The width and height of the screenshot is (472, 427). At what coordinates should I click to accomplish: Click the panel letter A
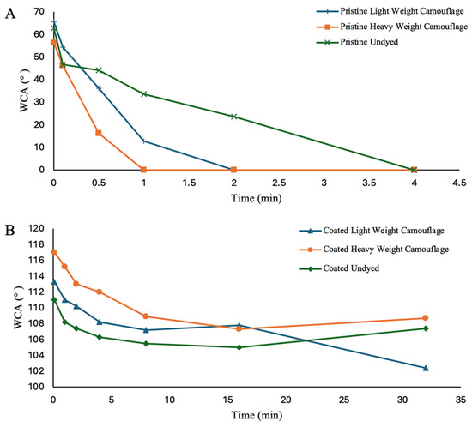[10, 14]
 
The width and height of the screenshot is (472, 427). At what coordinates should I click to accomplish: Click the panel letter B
[10, 231]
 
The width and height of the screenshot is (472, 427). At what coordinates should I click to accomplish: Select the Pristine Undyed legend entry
[357, 42]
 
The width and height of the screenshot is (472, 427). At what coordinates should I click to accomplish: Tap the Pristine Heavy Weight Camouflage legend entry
[392, 27]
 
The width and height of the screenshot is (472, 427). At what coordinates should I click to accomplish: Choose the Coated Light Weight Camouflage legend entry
[372, 231]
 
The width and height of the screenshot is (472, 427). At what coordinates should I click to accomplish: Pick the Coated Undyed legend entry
[339, 268]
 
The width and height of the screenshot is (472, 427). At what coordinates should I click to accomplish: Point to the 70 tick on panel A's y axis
[39, 12]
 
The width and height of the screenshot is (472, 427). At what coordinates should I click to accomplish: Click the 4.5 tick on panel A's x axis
[459, 183]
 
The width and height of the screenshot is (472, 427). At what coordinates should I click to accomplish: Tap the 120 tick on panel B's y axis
[36, 229]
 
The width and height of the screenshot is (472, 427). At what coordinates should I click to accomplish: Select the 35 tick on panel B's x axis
[461, 400]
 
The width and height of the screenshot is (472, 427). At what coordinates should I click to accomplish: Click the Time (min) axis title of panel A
[257, 198]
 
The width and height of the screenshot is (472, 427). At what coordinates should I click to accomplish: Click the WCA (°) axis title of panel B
[18, 307]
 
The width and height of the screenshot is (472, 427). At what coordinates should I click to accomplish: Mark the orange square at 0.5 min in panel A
[99, 133]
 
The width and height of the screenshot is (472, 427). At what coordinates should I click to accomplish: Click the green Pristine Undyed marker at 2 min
[234, 117]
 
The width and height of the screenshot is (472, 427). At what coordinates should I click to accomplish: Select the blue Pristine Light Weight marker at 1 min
[143, 141]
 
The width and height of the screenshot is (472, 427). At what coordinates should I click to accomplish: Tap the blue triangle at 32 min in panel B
[426, 368]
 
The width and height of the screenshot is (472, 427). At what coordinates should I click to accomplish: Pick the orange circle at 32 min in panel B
[426, 318]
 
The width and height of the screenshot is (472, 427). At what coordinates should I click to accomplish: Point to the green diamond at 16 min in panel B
[239, 347]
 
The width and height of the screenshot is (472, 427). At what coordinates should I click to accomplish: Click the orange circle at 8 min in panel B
[146, 316]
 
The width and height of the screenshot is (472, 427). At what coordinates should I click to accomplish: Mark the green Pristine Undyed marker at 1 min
[143, 94]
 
